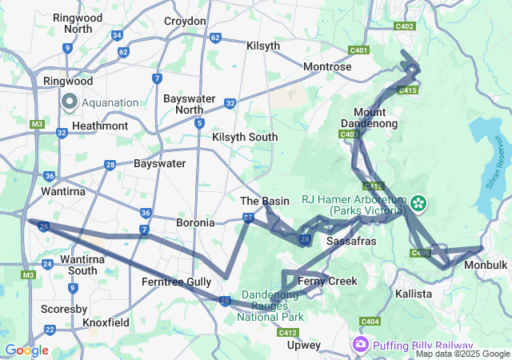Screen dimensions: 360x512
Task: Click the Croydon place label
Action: click(185, 21)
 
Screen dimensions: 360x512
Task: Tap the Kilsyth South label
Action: click(245, 137)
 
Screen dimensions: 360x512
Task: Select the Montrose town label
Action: click(327, 66)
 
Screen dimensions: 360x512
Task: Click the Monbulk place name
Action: click(486, 264)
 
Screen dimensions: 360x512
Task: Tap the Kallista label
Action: click(414, 294)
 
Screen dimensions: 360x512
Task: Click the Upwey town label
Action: click(304, 346)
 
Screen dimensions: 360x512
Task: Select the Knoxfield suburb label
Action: click(106, 322)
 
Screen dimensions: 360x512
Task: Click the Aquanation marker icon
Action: click(69, 102)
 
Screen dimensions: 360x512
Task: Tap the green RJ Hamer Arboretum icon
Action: click(418, 205)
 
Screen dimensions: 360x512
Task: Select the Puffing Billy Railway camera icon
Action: click(361, 344)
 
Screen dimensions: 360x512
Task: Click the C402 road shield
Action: click(405, 26)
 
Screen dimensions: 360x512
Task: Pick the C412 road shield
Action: click(288, 332)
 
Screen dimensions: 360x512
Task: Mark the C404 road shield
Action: click(370, 322)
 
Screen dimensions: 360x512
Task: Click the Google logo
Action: click(26, 350)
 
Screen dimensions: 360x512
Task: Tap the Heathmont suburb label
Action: click(100, 126)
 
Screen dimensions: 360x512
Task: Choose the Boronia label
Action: click(195, 222)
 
